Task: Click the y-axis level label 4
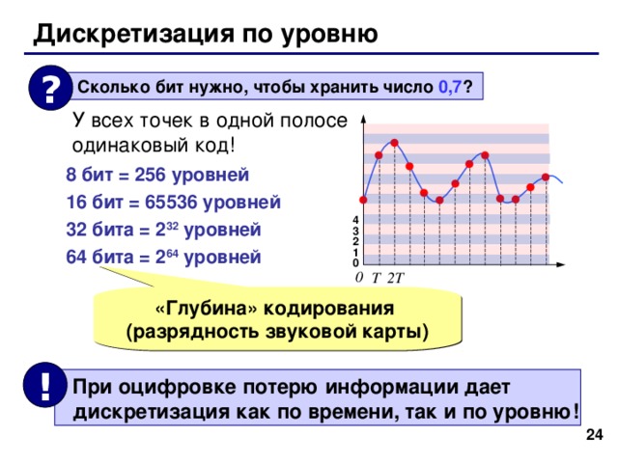pyautogui.click(x=355, y=221)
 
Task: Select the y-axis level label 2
pyautogui.click(x=355, y=241)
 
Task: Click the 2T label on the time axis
pyautogui.click(x=397, y=279)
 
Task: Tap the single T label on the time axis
pyautogui.click(x=378, y=279)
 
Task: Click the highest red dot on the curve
pyautogui.click(x=394, y=144)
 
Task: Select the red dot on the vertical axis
pyautogui.click(x=363, y=200)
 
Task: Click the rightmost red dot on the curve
pyautogui.click(x=546, y=177)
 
